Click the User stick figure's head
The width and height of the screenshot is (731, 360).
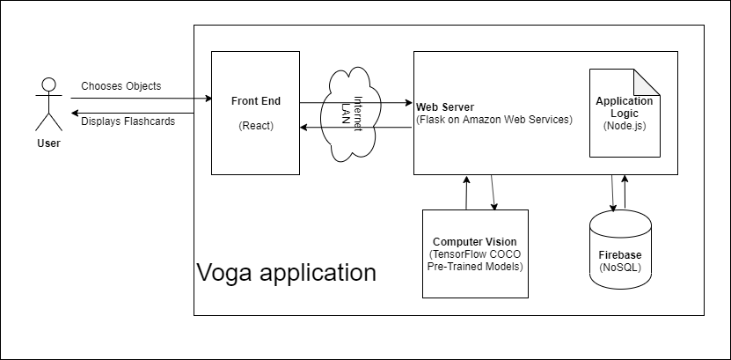[48, 85]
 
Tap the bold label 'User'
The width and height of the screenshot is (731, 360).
[49, 143]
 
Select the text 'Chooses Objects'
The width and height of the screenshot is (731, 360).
[121, 86]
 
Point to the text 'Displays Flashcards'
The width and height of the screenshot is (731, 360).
[128, 121]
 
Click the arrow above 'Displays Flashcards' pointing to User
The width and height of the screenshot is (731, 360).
[141, 112]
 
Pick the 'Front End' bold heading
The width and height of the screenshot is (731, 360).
[256, 101]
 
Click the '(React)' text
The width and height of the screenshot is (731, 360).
[256, 126]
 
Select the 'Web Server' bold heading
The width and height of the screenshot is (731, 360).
[446, 107]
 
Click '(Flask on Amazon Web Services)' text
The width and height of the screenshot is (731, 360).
[493, 119]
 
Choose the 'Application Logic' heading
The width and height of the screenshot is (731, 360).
[624, 107]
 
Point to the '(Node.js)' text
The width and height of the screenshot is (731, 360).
[624, 126]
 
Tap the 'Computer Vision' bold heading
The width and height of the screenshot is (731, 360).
[475, 241]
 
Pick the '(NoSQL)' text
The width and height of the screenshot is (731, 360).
[620, 266]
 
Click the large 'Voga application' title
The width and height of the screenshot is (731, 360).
[286, 272]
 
